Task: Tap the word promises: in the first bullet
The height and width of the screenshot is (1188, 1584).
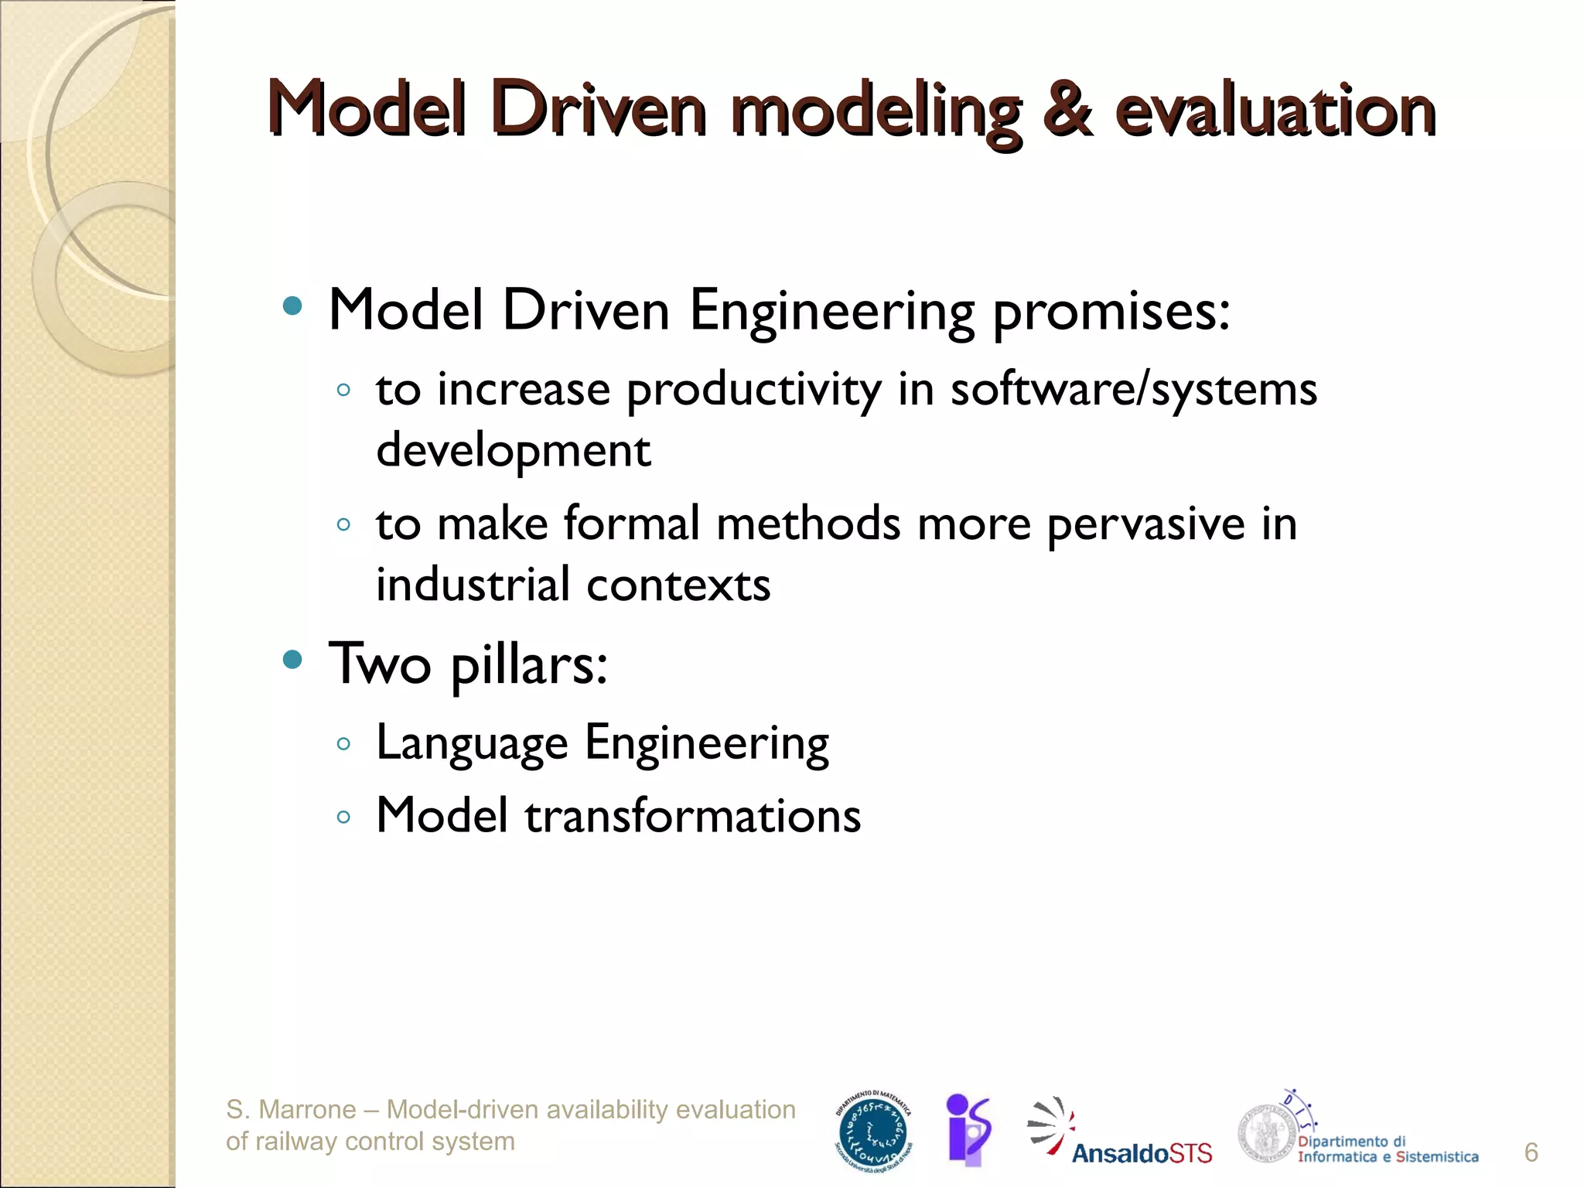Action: tap(1111, 312)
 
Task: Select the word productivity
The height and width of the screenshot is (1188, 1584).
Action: tap(753, 390)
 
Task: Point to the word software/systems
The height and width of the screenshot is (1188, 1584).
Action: tap(1133, 390)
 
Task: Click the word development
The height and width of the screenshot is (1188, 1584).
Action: tap(513, 451)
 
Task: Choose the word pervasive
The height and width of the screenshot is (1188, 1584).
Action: tap(1145, 524)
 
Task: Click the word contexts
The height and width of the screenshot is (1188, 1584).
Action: tap(678, 585)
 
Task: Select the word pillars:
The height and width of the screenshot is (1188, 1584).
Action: tap(529, 665)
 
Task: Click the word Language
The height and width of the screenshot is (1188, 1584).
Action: tap(472, 744)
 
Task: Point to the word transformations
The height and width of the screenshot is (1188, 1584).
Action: tap(692, 816)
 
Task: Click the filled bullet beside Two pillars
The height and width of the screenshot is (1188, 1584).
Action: tap(292, 660)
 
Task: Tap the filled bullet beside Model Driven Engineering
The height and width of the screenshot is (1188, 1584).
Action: tap(292, 306)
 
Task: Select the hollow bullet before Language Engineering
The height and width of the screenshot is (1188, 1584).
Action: tap(344, 745)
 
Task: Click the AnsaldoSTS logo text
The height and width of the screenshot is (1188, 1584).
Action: tap(1142, 1154)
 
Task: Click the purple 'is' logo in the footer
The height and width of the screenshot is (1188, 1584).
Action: tap(968, 1130)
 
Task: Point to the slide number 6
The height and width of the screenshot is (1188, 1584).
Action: tap(1531, 1152)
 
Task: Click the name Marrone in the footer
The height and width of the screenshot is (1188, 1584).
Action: tap(307, 1110)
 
